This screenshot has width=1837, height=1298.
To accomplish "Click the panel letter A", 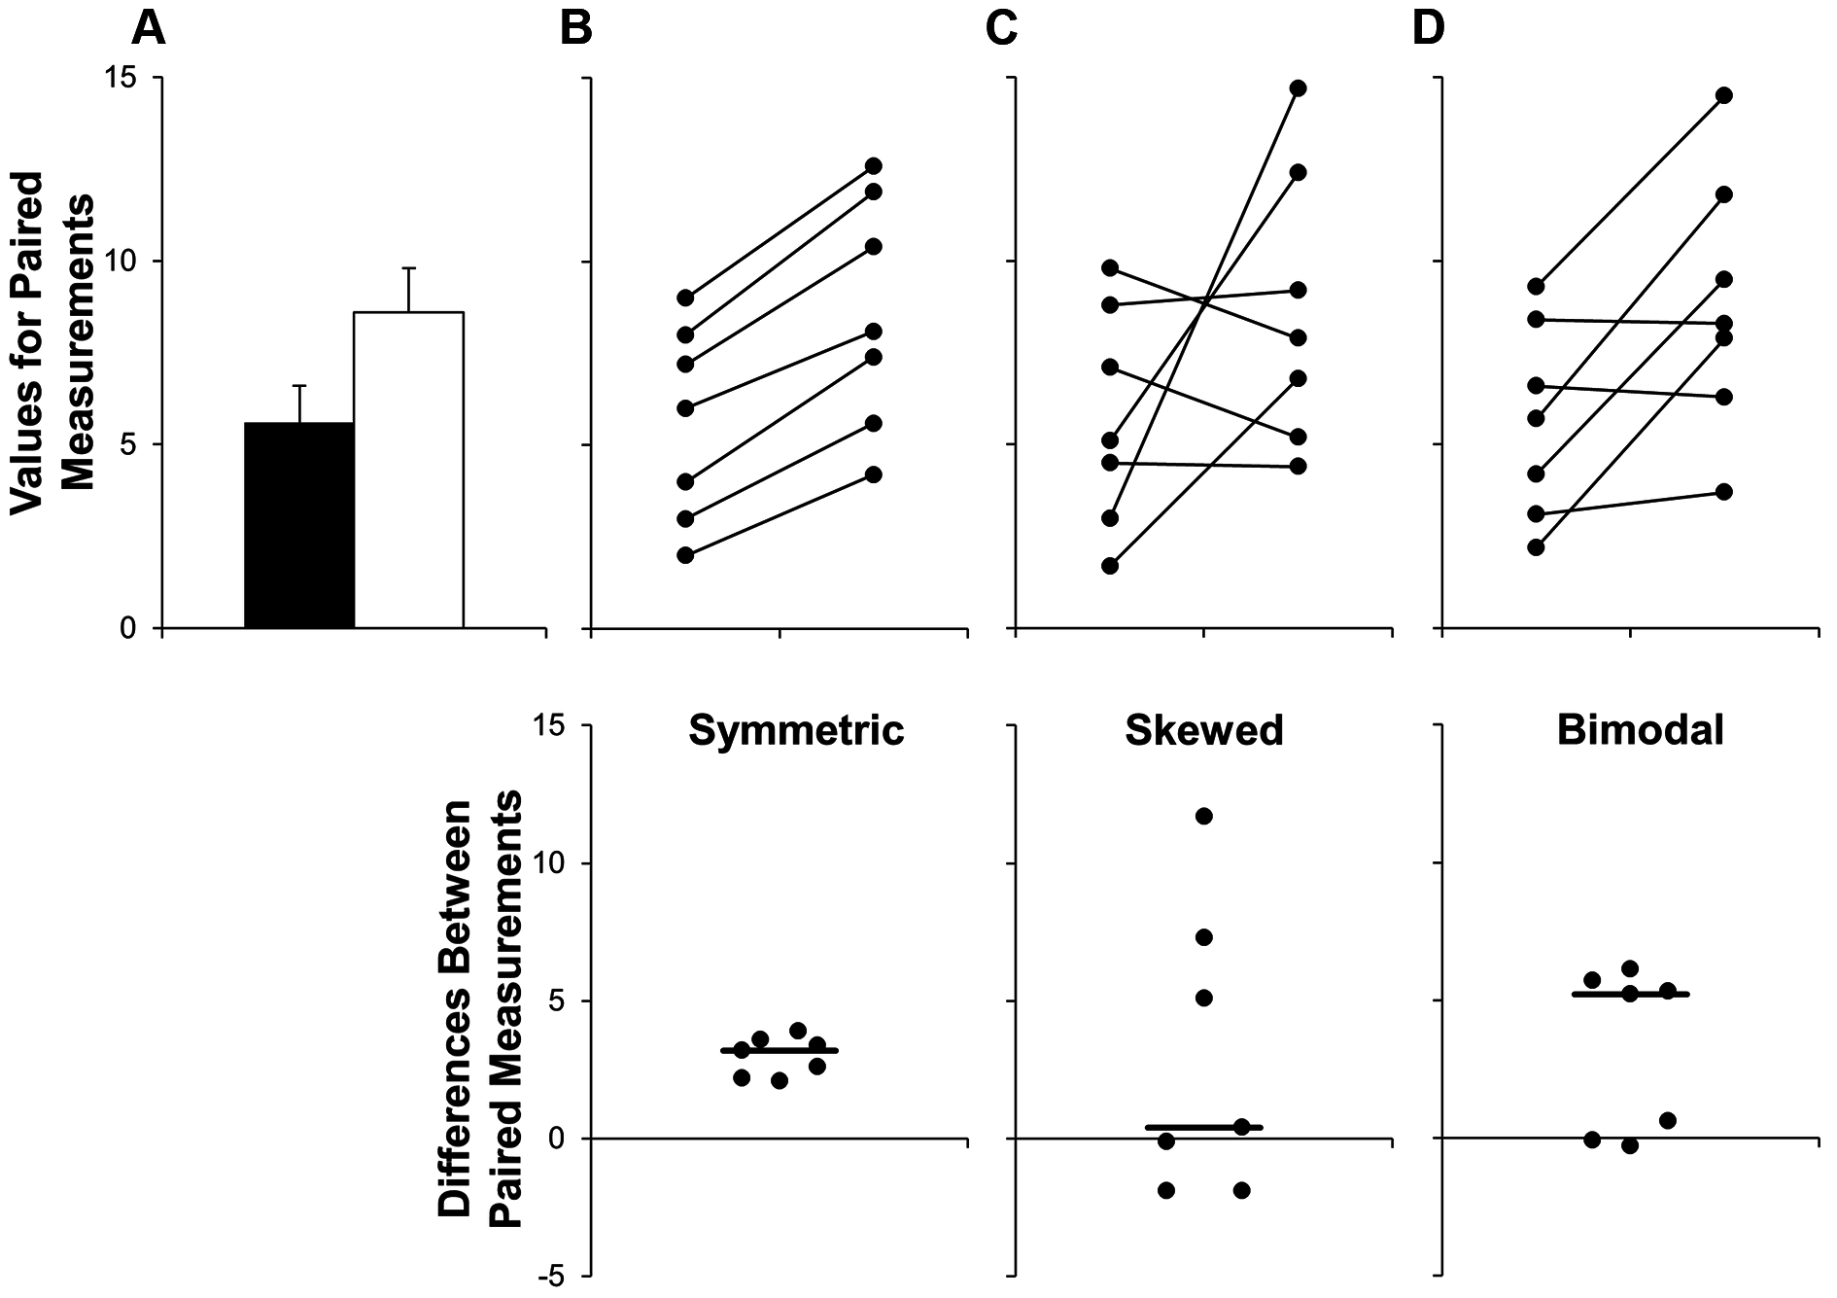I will [149, 29].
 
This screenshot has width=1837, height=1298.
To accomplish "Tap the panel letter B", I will [576, 29].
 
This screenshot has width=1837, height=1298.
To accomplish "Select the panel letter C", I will [1001, 29].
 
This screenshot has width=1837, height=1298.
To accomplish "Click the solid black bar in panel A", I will [299, 525].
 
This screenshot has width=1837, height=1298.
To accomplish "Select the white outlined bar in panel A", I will [408, 470].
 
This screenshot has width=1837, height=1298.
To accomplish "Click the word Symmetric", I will [796, 730].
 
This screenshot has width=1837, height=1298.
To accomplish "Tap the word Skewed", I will [1204, 730].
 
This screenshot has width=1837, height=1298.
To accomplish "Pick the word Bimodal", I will [1640, 730].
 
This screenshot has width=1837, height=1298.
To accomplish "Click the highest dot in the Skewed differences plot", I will [1203, 816].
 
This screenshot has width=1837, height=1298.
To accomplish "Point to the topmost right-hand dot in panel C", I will [1299, 88].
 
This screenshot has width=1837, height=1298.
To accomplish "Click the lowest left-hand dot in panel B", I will [685, 555].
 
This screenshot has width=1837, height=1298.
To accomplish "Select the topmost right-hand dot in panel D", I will [1724, 95].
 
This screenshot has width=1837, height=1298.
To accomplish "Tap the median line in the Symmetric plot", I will [779, 1050].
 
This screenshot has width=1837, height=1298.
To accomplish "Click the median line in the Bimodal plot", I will [1630, 994].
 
